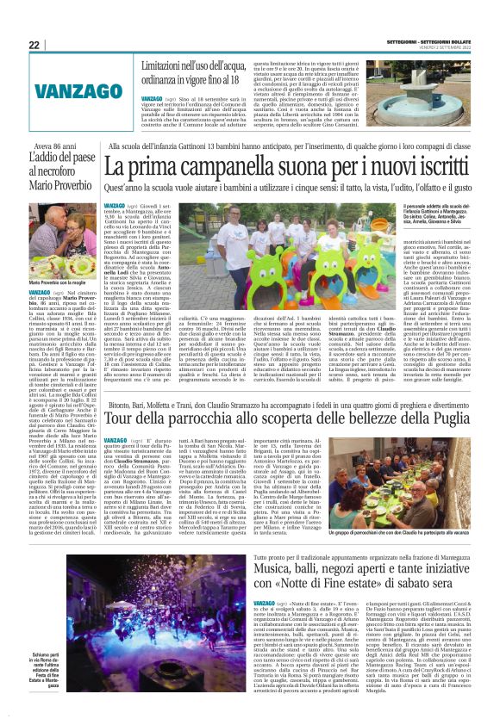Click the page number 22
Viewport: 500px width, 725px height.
pos(34,45)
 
